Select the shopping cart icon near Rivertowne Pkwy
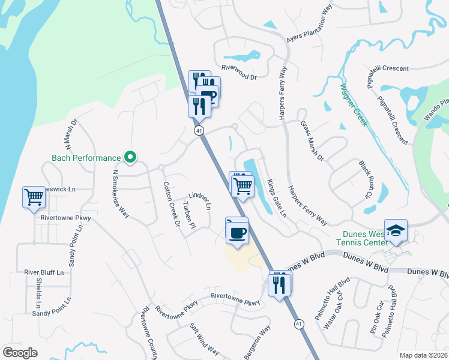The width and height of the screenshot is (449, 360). pos(34,197)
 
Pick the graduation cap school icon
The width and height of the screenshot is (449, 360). pos(396,231)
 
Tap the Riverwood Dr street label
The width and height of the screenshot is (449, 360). pos(238,77)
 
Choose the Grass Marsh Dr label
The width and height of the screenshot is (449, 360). pos(312,141)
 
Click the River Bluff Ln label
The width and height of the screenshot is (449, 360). pos(44,272)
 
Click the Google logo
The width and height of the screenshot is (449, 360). pos(20,353)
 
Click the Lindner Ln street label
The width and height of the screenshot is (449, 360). pos(200,201)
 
